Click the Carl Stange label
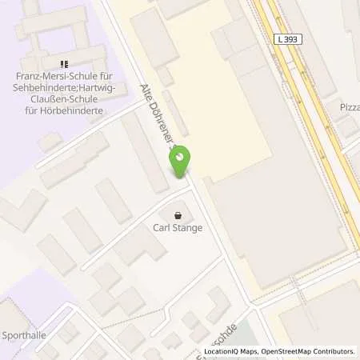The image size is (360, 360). point(177,228)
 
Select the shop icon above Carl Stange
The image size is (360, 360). point(177,214)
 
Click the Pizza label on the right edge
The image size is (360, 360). point(350,106)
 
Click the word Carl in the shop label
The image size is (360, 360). point(160,228)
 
